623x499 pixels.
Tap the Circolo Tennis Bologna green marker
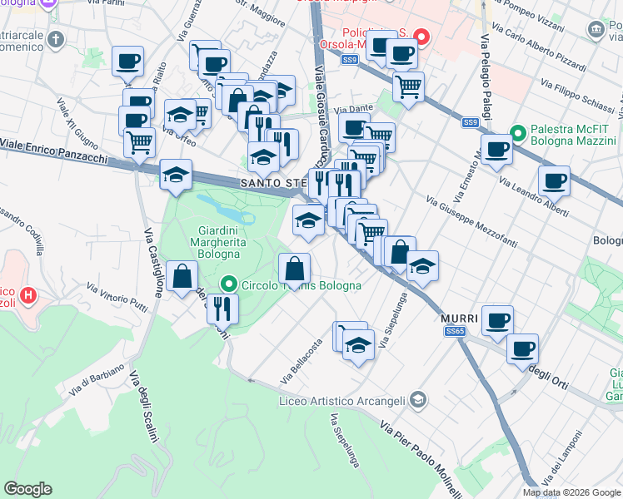pos(232,285)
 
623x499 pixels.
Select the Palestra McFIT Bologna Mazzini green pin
pos(517,132)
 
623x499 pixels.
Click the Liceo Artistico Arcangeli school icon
pos(418,402)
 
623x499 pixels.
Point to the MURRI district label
pos(458,319)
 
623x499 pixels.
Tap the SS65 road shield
pos(454,332)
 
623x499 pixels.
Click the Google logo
pos(28,489)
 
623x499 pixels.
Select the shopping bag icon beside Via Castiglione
pos(182,276)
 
